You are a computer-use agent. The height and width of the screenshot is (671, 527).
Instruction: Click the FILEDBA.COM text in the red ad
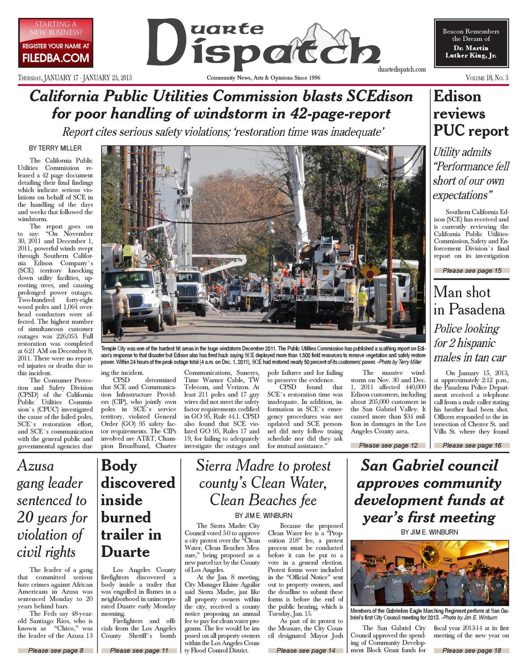click(x=55, y=58)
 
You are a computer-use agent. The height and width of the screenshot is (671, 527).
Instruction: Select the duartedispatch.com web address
click(x=401, y=69)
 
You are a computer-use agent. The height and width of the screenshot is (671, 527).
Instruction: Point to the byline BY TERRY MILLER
click(x=55, y=148)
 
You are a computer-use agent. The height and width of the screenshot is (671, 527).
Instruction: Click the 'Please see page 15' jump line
click(x=472, y=270)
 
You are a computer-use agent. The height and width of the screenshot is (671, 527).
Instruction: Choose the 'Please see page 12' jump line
click(x=388, y=445)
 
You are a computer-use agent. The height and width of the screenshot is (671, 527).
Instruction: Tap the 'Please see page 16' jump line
click(x=472, y=445)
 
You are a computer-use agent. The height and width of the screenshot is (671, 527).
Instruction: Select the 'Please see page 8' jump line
click(x=55, y=650)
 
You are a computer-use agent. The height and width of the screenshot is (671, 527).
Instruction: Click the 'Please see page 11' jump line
click(x=139, y=650)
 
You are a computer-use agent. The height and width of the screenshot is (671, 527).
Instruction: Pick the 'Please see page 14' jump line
click(x=306, y=650)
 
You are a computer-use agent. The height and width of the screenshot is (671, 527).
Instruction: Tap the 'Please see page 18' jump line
click(x=472, y=650)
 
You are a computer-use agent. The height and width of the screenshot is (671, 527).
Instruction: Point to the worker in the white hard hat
click(x=119, y=304)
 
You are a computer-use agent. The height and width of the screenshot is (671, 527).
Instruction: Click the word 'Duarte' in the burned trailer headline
click(x=125, y=552)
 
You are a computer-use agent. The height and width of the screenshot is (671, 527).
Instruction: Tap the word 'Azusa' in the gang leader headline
click(x=35, y=466)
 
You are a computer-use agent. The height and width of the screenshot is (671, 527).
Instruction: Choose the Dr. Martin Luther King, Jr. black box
click(x=471, y=43)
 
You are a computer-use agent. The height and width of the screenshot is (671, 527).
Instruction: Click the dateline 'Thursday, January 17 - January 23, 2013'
click(x=75, y=78)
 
